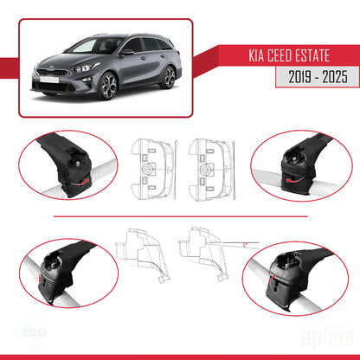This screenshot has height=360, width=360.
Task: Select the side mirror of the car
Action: point(127,51)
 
